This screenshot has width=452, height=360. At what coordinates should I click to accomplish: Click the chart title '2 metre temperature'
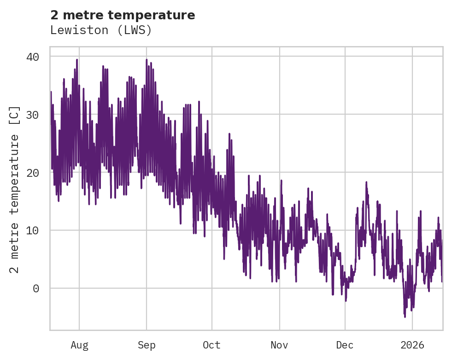click(123, 15)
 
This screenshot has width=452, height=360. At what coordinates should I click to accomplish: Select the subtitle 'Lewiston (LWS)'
click(101, 30)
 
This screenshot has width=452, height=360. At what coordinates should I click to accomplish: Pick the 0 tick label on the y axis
click(36, 289)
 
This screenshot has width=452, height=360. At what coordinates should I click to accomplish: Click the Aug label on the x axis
click(79, 345)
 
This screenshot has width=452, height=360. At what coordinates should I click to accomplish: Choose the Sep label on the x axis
click(147, 345)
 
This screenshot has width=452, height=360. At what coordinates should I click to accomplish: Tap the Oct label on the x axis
click(212, 345)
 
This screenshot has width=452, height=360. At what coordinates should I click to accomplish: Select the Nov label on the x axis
click(279, 345)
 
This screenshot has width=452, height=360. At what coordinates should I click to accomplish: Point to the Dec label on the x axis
click(345, 345)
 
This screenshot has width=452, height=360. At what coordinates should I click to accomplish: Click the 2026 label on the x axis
click(412, 345)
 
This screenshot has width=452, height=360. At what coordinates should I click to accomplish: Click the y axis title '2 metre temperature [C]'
click(15, 189)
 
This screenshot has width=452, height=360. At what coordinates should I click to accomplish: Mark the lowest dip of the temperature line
click(405, 317)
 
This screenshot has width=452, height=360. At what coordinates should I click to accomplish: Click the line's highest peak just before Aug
click(77, 59)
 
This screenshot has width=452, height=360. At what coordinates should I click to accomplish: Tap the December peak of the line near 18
click(366, 182)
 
